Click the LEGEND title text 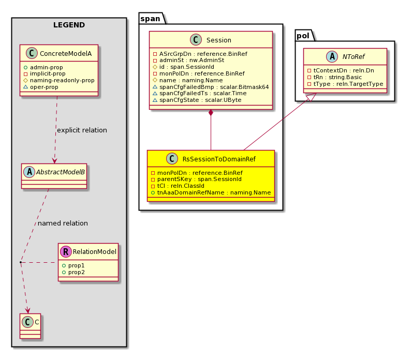pyautogui.click(x=69, y=25)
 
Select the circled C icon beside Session pyautogui.click(x=196, y=40)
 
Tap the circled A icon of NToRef pyautogui.click(x=332, y=56)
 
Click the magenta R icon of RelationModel pyautogui.click(x=66, y=251)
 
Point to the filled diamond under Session pyautogui.click(x=211, y=113)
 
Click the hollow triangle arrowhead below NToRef pyautogui.click(x=312, y=97)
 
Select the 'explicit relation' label pyautogui.click(x=82, y=130)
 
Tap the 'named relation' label pyautogui.click(x=63, y=223)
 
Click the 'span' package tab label pyautogui.click(x=150, y=19)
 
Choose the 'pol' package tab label pyautogui.click(x=303, y=36)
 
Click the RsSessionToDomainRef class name pyautogui.click(x=219, y=159)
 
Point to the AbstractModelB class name pyautogui.click(x=61, y=172)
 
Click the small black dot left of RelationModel pyautogui.click(x=21, y=262)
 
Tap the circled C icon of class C pyautogui.click(x=27, y=322)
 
